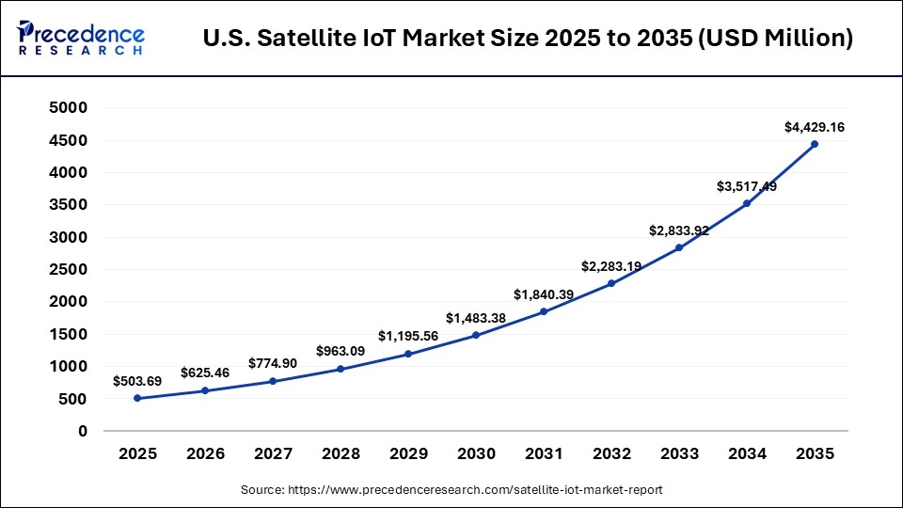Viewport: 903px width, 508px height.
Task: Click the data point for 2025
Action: coord(137,398)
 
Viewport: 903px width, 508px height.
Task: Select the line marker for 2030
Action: coord(476,335)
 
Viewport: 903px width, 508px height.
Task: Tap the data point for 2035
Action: coord(815,144)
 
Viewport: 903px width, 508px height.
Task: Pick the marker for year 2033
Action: coord(679,247)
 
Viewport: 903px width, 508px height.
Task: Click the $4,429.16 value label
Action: coord(815,126)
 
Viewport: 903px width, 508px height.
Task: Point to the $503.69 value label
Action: coord(138,381)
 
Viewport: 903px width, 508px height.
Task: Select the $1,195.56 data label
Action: coord(408,336)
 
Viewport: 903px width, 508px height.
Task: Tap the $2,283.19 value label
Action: coord(611,266)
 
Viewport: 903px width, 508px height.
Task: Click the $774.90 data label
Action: coord(273,363)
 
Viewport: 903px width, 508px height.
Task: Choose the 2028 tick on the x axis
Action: coord(341,453)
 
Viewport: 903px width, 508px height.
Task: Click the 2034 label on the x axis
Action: coord(747,453)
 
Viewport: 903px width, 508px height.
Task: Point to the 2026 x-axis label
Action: coord(205,453)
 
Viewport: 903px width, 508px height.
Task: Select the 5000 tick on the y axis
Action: coord(69,108)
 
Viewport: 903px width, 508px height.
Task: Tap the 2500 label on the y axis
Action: coord(69,270)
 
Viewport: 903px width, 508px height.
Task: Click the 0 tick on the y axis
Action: coord(83,431)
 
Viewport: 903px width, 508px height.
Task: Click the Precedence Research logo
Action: coord(81,38)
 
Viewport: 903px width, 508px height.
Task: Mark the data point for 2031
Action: coord(544,311)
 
